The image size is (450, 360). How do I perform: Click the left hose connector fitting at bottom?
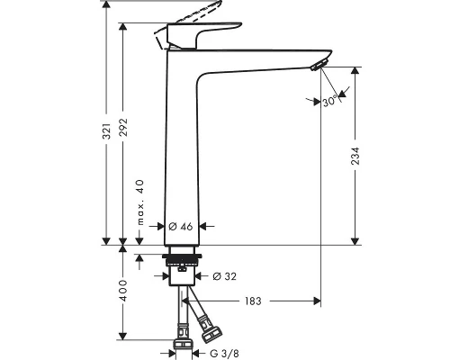click(181, 343)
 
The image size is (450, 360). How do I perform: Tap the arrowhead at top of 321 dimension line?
click(108, 4)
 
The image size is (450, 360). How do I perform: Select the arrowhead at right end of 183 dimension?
click(316, 301)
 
